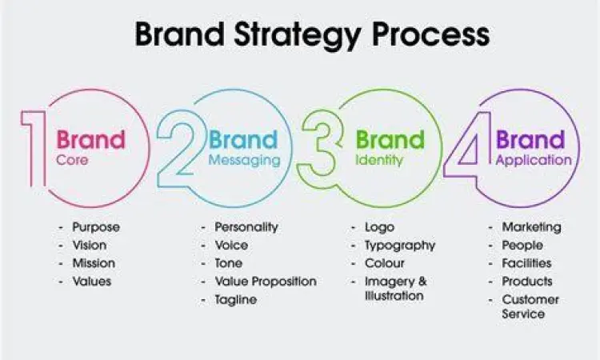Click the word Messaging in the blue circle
tap(245, 160)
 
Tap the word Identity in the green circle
tap(380, 160)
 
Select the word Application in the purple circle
tap(534, 160)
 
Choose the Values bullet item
tap(91, 281)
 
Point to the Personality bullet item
tap(246, 227)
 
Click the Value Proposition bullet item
tap(266, 281)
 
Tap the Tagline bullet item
tap(236, 299)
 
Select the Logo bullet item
tap(379, 227)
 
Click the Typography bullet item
tap(400, 245)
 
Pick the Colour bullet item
tap(385, 263)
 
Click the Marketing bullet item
tap(531, 227)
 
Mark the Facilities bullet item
tap(526, 263)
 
